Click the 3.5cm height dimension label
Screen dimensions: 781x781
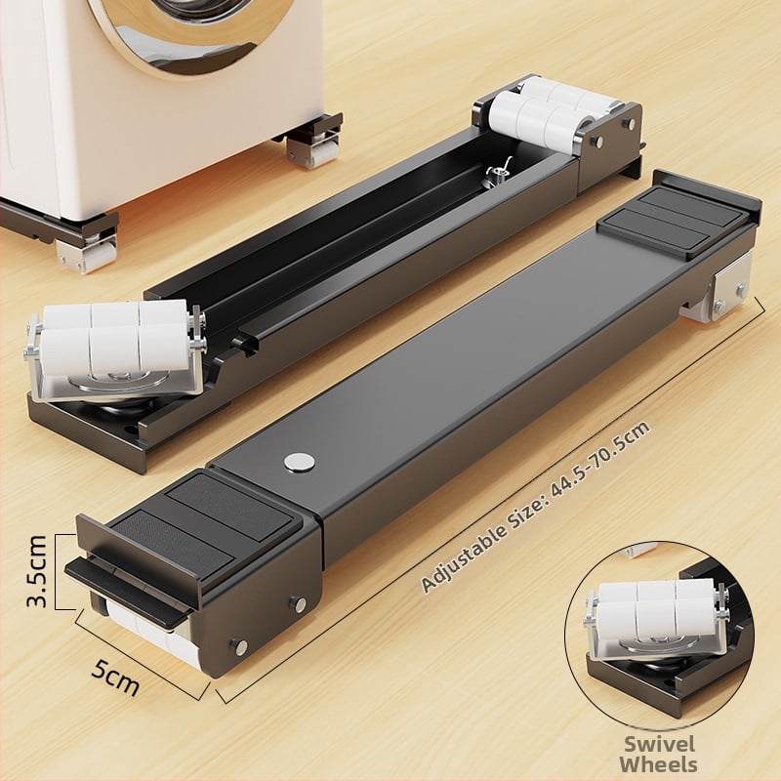(x=37, y=571)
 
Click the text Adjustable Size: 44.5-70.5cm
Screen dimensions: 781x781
(x=535, y=507)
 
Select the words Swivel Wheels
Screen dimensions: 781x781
(x=659, y=754)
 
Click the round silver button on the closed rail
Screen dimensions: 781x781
(x=300, y=461)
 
